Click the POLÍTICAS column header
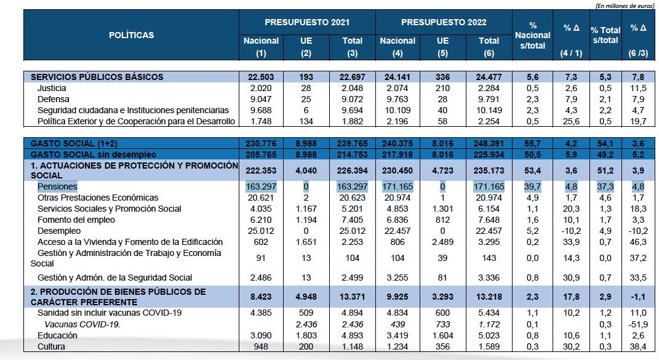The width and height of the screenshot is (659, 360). click(131, 35)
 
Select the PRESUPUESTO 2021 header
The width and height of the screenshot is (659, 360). click(307, 22)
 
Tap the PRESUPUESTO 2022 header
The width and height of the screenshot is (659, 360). click(443, 22)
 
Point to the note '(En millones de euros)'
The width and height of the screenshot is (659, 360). click(625, 5)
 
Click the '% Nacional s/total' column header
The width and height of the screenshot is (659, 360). click(533, 35)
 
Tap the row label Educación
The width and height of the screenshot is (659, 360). click(57, 335)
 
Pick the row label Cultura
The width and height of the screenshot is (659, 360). click(52, 346)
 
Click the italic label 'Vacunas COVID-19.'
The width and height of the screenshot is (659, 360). click(82, 324)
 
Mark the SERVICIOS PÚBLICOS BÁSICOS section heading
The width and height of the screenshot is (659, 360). click(97, 77)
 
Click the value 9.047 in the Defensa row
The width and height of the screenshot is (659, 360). click(262, 99)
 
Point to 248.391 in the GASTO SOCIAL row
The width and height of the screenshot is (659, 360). click(489, 143)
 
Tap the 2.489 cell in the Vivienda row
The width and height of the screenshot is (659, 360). click(443, 242)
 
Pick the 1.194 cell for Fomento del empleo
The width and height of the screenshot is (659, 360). click(307, 220)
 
